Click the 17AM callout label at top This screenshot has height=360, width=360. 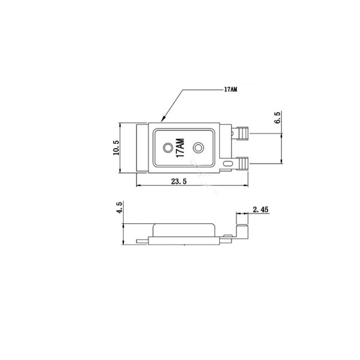[230, 89]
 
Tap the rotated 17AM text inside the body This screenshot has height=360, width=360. [180, 148]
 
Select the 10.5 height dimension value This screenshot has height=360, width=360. [116, 148]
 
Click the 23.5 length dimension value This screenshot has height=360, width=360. [179, 181]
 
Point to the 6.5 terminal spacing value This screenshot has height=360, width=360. [278, 117]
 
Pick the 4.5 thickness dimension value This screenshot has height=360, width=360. [119, 207]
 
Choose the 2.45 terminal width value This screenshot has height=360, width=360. [261, 209]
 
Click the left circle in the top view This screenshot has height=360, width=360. [168, 148]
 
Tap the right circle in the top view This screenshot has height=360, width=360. [198, 148]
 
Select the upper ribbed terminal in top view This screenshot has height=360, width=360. [243, 133]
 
